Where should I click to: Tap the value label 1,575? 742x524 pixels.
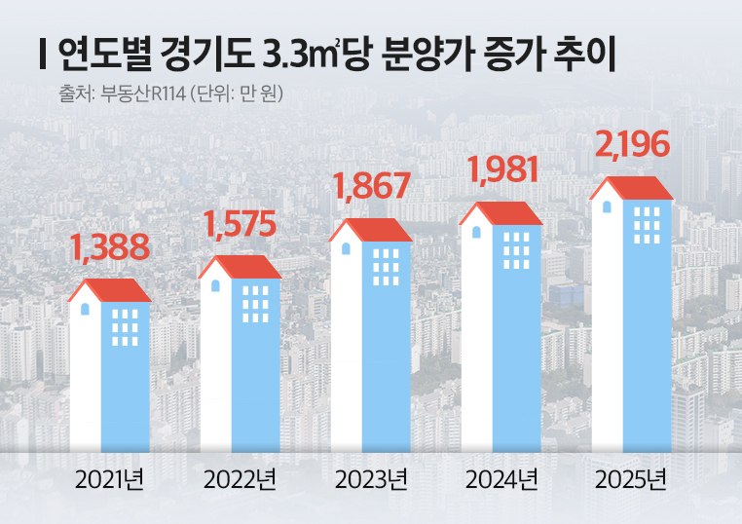pyautogui.click(x=240, y=224)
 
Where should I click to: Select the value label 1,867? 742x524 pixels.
pyautogui.click(x=372, y=186)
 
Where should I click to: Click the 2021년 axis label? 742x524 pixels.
pyautogui.click(x=109, y=480)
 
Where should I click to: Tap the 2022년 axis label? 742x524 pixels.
pyautogui.click(x=240, y=480)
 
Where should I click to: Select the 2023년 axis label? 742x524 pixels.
pyautogui.click(x=371, y=480)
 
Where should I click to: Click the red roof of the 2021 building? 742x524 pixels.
pyautogui.click(x=110, y=290)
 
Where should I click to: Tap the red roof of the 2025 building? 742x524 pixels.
pyautogui.click(x=633, y=188)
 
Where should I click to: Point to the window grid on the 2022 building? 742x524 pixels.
pyautogui.click(x=256, y=304)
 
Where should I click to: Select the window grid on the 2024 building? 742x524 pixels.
pyautogui.click(x=516, y=250)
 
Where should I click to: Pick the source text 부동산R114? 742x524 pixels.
pyautogui.click(x=142, y=94)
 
